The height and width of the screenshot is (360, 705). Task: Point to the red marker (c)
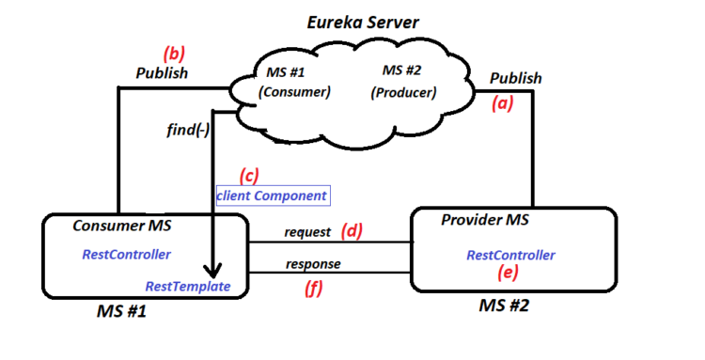click(x=249, y=176)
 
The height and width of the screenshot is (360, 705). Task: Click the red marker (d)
click(x=352, y=231)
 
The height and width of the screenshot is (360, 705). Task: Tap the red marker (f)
click(x=313, y=290)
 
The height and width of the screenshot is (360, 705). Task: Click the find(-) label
click(x=188, y=131)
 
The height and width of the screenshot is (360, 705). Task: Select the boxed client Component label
click(x=272, y=196)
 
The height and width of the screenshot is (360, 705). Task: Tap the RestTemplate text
click(x=188, y=286)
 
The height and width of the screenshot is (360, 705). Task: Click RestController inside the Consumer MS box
click(x=126, y=254)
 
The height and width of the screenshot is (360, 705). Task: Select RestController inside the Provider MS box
click(x=510, y=255)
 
